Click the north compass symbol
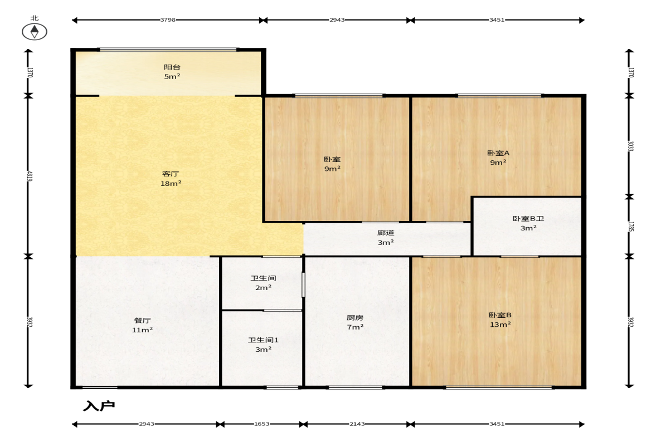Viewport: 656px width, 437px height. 35,31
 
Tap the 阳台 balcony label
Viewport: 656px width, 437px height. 172,67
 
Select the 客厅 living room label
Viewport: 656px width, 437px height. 171,174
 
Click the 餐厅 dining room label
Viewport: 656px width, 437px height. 142,321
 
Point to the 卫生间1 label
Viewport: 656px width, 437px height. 263,340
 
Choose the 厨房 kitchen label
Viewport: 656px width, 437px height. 355,318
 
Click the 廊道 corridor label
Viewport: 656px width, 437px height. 386,233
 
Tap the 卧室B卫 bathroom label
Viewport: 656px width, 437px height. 528,218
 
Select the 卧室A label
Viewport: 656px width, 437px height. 498,153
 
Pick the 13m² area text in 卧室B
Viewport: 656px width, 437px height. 500,325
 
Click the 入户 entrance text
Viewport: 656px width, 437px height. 99,406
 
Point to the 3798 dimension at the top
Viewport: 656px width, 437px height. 168,19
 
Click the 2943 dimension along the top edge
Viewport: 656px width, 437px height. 337,19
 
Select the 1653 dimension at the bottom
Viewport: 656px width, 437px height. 262,424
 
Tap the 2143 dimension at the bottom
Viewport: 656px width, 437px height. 357,424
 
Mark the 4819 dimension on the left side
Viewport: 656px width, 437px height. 30,176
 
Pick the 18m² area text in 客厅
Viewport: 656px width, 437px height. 171,183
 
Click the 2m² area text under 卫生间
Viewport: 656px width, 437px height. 263,288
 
